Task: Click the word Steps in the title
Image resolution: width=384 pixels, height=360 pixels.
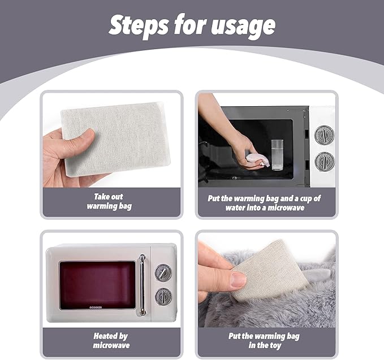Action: pyautogui.click(x=139, y=25)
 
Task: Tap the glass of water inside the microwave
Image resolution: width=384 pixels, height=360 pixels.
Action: pyautogui.click(x=277, y=155)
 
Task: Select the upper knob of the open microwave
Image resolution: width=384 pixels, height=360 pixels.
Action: pyautogui.click(x=324, y=135)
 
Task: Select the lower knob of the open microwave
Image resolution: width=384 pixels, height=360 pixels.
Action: pyautogui.click(x=325, y=161)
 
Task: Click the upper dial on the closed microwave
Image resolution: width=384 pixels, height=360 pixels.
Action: pyautogui.click(x=163, y=272)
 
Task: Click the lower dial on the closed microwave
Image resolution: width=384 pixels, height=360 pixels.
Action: pyautogui.click(x=163, y=296)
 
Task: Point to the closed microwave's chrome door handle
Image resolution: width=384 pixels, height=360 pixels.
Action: pyautogui.click(x=142, y=285)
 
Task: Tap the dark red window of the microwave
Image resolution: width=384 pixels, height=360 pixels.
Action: pyautogui.click(x=97, y=285)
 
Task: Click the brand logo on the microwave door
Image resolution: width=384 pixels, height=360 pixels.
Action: pyautogui.click(x=96, y=307)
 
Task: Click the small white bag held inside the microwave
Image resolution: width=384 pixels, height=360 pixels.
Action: pyautogui.click(x=258, y=160)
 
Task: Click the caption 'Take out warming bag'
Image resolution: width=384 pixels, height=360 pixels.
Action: pyautogui.click(x=109, y=201)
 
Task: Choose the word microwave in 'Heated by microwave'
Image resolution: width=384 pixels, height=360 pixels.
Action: pyautogui.click(x=111, y=345)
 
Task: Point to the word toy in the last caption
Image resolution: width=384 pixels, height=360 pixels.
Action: pyautogui.click(x=275, y=345)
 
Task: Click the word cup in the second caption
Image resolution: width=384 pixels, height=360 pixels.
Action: pyautogui.click(x=305, y=199)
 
